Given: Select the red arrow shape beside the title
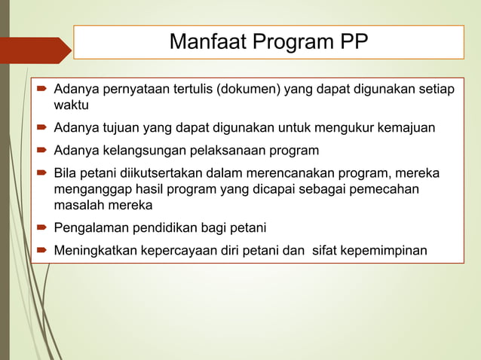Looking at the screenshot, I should tap(35, 50).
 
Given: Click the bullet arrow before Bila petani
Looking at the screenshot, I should tap(42, 175).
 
